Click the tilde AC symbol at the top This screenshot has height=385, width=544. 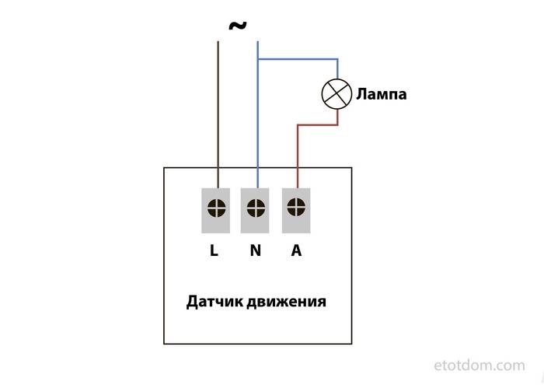(x=238, y=26)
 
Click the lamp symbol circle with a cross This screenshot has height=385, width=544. (x=337, y=94)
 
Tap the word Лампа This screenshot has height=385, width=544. (x=382, y=95)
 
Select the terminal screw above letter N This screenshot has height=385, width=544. (x=256, y=208)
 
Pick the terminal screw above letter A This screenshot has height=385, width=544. (x=295, y=207)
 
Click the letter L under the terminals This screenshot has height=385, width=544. (x=214, y=251)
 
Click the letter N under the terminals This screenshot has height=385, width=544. (x=256, y=251)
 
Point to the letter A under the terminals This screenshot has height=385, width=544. (x=296, y=251)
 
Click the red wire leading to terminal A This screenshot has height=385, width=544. (x=296, y=156)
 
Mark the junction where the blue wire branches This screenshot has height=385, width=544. (x=257, y=59)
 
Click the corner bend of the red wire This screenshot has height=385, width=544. (x=296, y=124)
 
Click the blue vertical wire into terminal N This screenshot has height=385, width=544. (x=257, y=124)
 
